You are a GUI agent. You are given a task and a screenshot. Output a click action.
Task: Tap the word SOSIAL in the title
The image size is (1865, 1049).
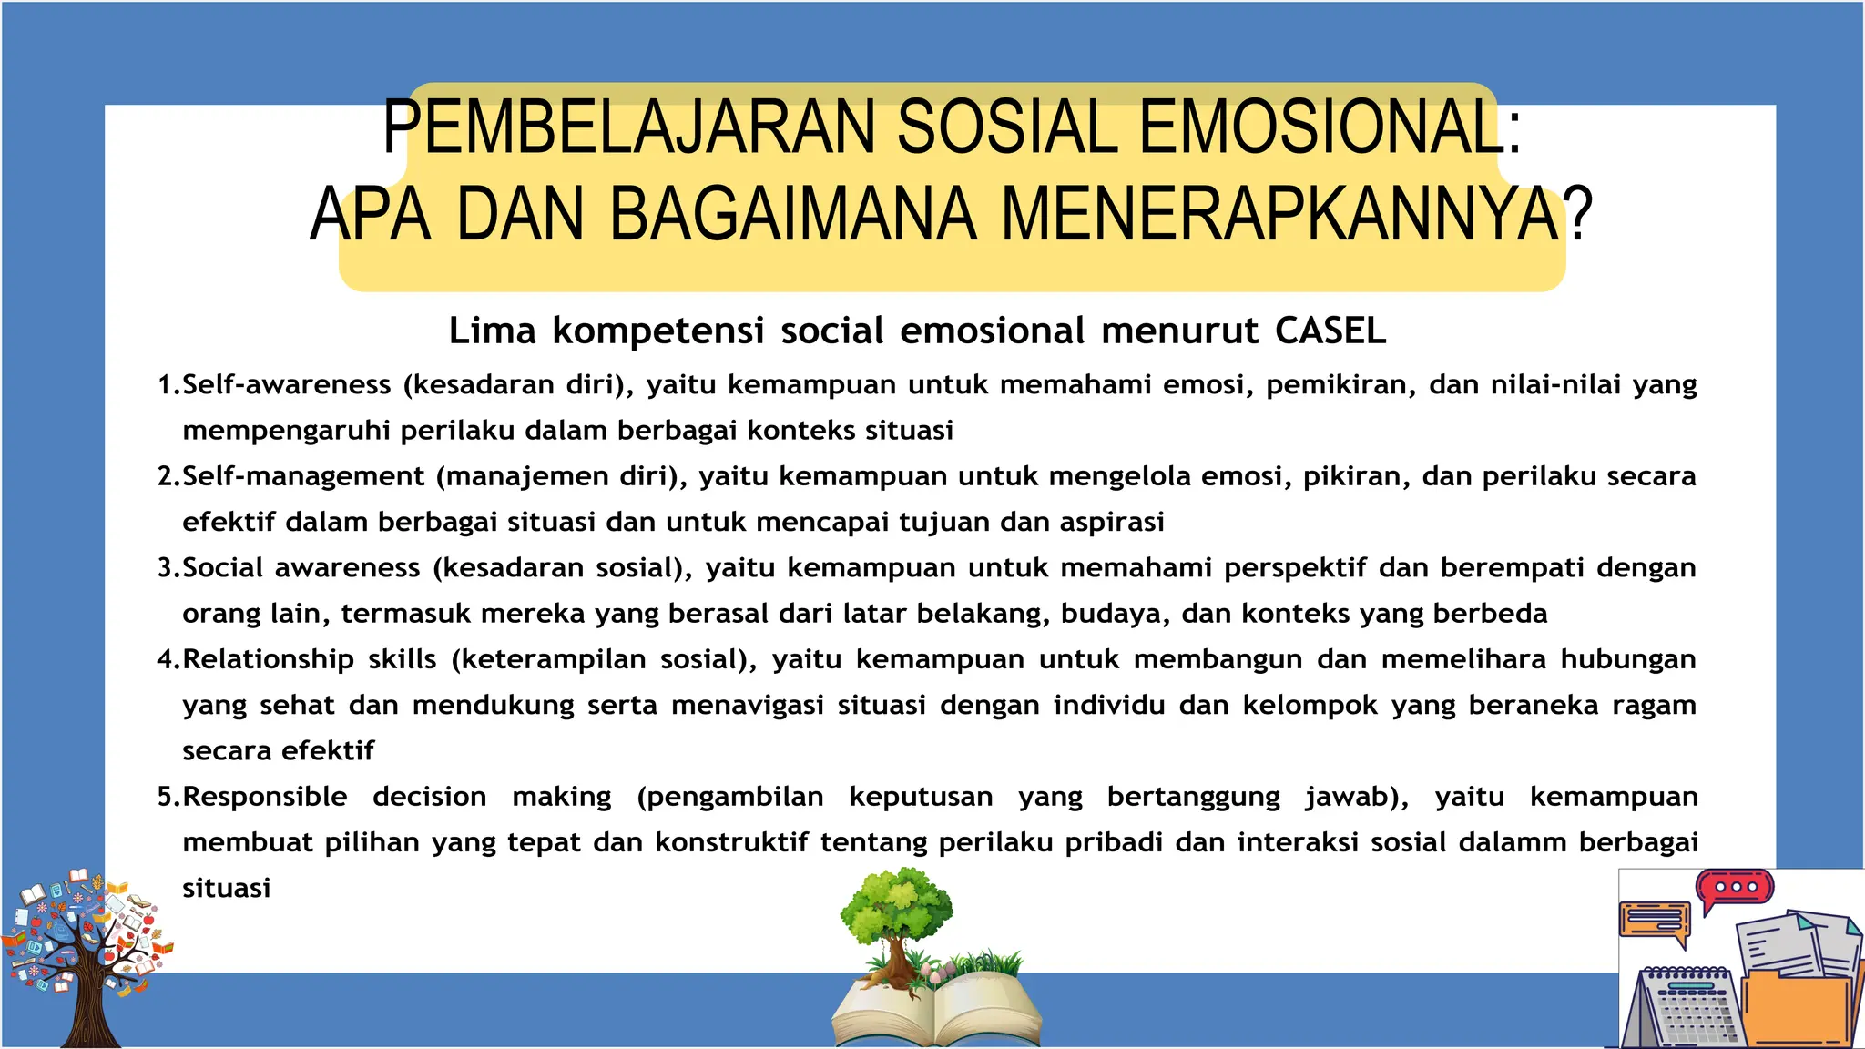(1007, 127)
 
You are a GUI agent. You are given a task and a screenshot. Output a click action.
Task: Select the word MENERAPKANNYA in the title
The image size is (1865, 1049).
(1279, 215)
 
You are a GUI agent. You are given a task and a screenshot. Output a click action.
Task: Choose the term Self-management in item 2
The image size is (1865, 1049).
(303, 476)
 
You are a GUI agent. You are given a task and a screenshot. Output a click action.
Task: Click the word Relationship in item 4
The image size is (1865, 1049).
(268, 659)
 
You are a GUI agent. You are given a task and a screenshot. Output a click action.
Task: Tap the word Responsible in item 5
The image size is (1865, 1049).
(265, 797)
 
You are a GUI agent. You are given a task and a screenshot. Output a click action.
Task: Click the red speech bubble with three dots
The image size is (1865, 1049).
(1734, 889)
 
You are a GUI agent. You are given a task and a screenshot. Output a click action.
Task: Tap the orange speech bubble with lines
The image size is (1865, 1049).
(1654, 922)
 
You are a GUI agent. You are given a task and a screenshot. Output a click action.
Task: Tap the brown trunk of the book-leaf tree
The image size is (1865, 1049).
(91, 1011)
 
